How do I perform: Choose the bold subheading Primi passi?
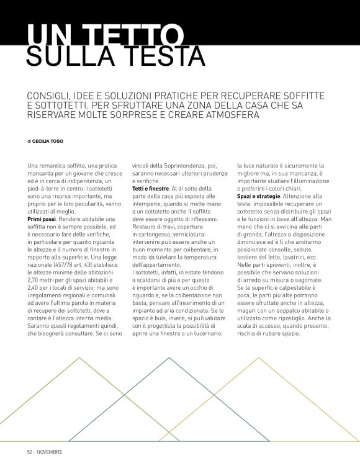click(42, 220)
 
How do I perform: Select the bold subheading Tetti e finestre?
click(151, 187)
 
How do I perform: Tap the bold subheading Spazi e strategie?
click(257, 196)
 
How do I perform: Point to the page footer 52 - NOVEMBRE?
click(45, 451)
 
